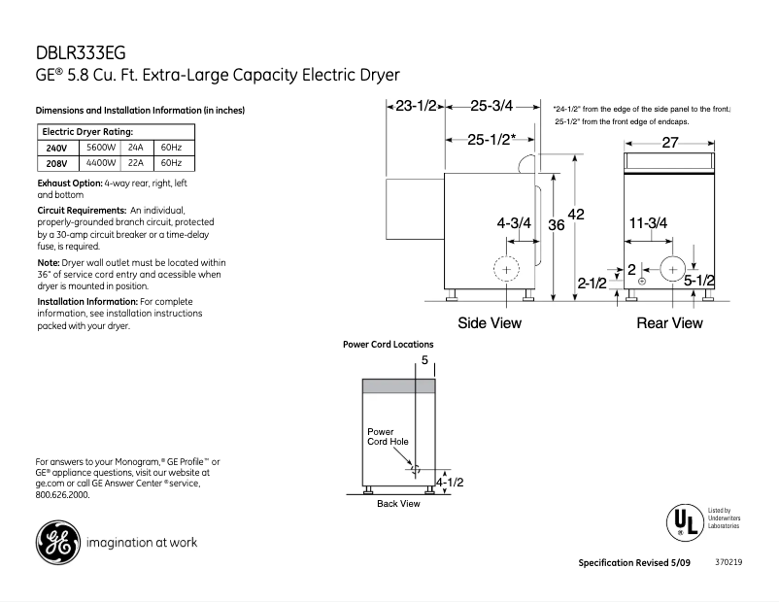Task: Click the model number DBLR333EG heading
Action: tap(81, 52)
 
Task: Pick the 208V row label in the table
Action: tap(56, 163)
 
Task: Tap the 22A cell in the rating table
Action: tap(135, 163)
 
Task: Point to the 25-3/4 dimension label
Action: tap(491, 107)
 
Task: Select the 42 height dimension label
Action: tap(575, 215)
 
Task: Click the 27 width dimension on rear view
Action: tap(670, 142)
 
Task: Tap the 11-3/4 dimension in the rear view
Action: tap(648, 223)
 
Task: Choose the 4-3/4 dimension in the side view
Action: tap(514, 223)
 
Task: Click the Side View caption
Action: tap(490, 322)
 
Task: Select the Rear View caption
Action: tap(669, 322)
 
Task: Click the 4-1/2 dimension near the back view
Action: tap(449, 482)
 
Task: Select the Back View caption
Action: tap(398, 504)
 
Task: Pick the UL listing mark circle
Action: tap(683, 521)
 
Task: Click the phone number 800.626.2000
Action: tap(61, 494)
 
